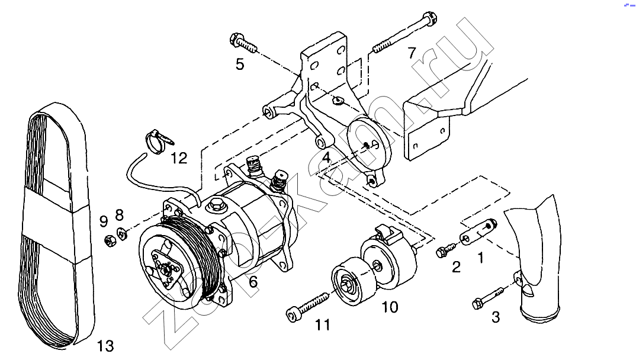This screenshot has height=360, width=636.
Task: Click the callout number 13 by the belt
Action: pyautogui.click(x=105, y=346)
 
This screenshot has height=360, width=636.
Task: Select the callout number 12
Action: pyautogui.click(x=179, y=158)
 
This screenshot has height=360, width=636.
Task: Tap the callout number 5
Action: pyautogui.click(x=240, y=64)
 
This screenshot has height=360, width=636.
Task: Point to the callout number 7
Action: pyautogui.click(x=412, y=53)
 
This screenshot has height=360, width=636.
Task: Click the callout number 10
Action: pyautogui.click(x=390, y=307)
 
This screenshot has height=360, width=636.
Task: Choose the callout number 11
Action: pyautogui.click(x=323, y=324)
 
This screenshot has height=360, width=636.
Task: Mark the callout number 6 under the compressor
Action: pyautogui.click(x=253, y=281)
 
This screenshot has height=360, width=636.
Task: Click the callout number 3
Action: pyautogui.click(x=496, y=317)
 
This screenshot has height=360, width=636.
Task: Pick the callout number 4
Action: pyautogui.click(x=327, y=157)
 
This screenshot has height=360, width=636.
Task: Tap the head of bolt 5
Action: pyautogui.click(x=236, y=39)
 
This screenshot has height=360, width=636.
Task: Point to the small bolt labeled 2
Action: pyautogui.click(x=446, y=249)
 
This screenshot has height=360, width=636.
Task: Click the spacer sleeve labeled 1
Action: pyautogui.click(x=477, y=231)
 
